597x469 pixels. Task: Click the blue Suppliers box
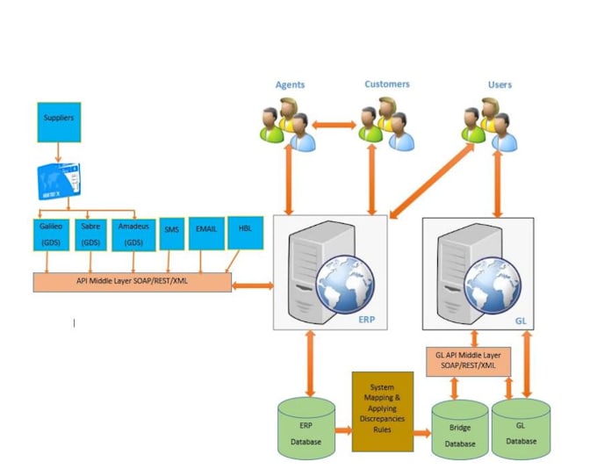coord(59,122)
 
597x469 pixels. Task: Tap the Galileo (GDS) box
coord(50,234)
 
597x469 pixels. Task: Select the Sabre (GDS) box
coord(90,234)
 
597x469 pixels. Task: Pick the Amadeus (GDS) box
coord(133,234)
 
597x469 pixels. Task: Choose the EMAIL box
coord(205,233)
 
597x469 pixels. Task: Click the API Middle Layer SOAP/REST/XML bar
coord(133,281)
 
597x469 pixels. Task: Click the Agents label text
coord(290,84)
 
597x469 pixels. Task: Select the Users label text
coord(500,84)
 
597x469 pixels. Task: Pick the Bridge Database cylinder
coord(459,429)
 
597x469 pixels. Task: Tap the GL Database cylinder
coord(521,428)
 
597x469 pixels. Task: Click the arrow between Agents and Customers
coord(334,126)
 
